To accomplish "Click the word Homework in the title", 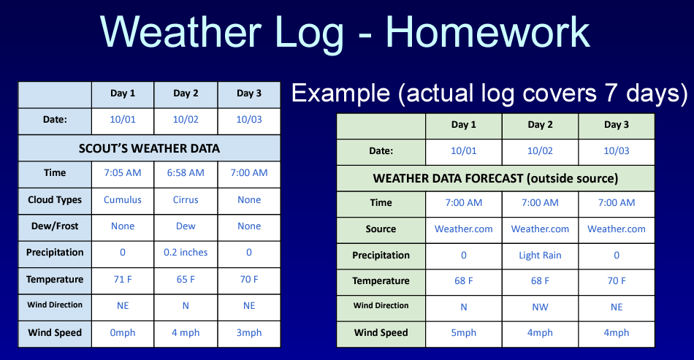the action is point(488,32).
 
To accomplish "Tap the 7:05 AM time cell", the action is point(123,173).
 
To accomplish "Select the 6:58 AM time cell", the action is point(186,173).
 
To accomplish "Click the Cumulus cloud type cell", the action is point(123,200).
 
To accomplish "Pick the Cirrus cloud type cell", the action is point(186,200).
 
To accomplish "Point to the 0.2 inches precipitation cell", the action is point(186,253).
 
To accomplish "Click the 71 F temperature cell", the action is point(123,280).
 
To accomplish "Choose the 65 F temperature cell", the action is point(186,280).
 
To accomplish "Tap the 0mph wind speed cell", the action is point(123,332).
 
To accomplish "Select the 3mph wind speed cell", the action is point(249,332).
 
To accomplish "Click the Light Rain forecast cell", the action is point(540,255).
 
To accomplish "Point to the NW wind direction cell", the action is point(540,307).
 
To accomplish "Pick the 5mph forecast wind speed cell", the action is point(463,332).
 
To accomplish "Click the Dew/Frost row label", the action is point(55,226).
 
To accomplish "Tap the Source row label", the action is point(381,229).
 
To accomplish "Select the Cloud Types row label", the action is point(55,200).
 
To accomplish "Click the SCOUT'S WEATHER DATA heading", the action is point(149,148).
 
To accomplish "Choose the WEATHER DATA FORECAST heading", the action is point(495,179).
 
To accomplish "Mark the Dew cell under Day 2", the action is point(186,226).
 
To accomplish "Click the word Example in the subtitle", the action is point(340,93).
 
